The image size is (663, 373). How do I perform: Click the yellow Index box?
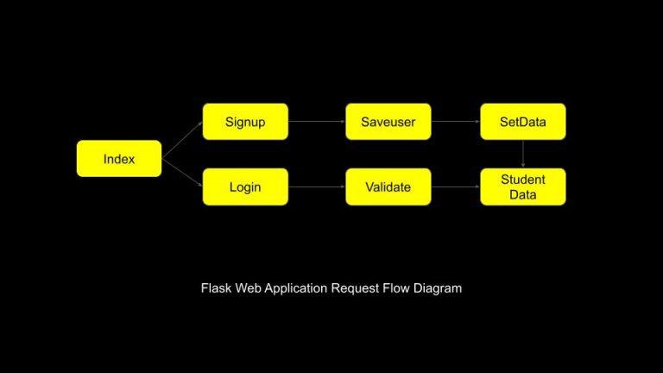click(x=119, y=159)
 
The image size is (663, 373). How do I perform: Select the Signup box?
click(x=245, y=122)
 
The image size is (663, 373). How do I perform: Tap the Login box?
click(x=245, y=186)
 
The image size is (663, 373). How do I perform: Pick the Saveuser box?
click(x=388, y=122)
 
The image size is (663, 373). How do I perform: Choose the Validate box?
click(x=388, y=186)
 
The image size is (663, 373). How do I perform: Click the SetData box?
click(x=522, y=122)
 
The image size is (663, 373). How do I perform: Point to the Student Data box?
click(x=522, y=186)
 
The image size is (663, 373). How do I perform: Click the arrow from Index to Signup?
click(x=182, y=140)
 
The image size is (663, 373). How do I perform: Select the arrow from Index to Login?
click(x=182, y=173)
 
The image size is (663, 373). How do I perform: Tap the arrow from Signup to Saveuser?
click(x=317, y=122)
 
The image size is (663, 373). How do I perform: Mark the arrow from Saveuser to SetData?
click(x=456, y=122)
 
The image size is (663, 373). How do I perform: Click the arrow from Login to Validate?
click(x=317, y=186)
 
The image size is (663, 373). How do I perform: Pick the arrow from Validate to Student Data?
click(x=456, y=186)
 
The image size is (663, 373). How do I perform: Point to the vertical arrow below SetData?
click(x=523, y=154)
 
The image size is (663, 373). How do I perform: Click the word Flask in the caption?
click(x=216, y=288)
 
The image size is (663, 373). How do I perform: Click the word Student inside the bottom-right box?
click(x=523, y=180)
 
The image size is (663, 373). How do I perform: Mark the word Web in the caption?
click(x=249, y=288)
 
